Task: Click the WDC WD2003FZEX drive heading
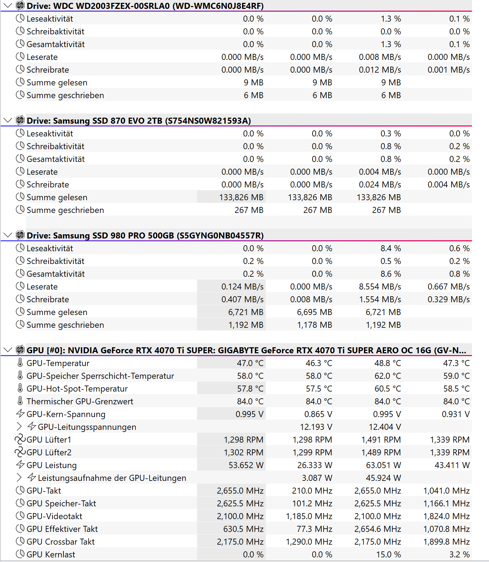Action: [x=145, y=6]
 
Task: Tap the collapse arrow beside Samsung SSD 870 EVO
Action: [x=7, y=120]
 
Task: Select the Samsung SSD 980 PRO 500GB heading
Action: [x=145, y=236]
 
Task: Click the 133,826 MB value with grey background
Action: [x=241, y=197]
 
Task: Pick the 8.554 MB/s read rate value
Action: [x=380, y=287]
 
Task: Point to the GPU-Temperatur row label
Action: [x=58, y=363]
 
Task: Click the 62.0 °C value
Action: [x=388, y=376]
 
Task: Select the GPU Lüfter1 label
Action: [x=49, y=440]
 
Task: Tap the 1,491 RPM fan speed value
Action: [x=381, y=440]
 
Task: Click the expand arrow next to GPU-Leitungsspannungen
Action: [x=19, y=427]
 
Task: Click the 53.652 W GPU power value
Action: [x=246, y=465]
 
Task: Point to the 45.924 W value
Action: [x=383, y=478]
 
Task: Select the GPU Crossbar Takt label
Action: [x=61, y=542]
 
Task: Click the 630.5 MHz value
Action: [x=243, y=529]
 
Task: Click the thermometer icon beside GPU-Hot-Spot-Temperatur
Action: [x=20, y=388]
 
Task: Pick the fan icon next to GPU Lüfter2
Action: [x=20, y=452]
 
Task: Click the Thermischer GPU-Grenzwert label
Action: [x=80, y=401]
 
